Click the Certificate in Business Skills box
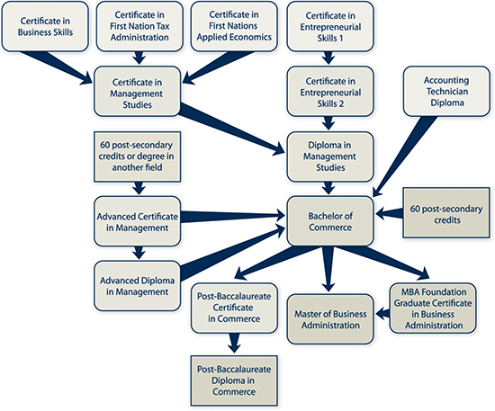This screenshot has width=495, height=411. (45, 26)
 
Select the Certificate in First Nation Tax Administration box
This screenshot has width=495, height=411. (139, 26)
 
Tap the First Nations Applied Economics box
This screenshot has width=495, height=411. (234, 26)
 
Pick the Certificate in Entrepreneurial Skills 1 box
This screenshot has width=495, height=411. (330, 26)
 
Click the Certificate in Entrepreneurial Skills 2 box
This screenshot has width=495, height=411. (330, 92)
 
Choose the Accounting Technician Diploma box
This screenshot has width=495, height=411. (446, 92)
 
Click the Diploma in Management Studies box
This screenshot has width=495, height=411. (330, 156)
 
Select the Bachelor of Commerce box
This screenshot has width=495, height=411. (330, 221)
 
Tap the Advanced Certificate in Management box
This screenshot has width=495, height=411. (138, 221)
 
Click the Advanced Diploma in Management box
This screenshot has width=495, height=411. (138, 286)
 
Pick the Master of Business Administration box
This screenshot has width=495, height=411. (330, 319)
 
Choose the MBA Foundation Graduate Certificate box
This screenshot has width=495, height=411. (433, 308)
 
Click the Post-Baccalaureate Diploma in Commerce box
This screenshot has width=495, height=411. (234, 380)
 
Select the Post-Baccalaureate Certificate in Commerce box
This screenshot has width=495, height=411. (234, 308)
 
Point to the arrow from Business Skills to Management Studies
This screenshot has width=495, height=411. (57, 68)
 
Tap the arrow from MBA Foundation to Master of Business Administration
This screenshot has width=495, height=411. (382, 314)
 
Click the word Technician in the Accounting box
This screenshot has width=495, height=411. (447, 92)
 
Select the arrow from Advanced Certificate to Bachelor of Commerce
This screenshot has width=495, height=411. (233, 217)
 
